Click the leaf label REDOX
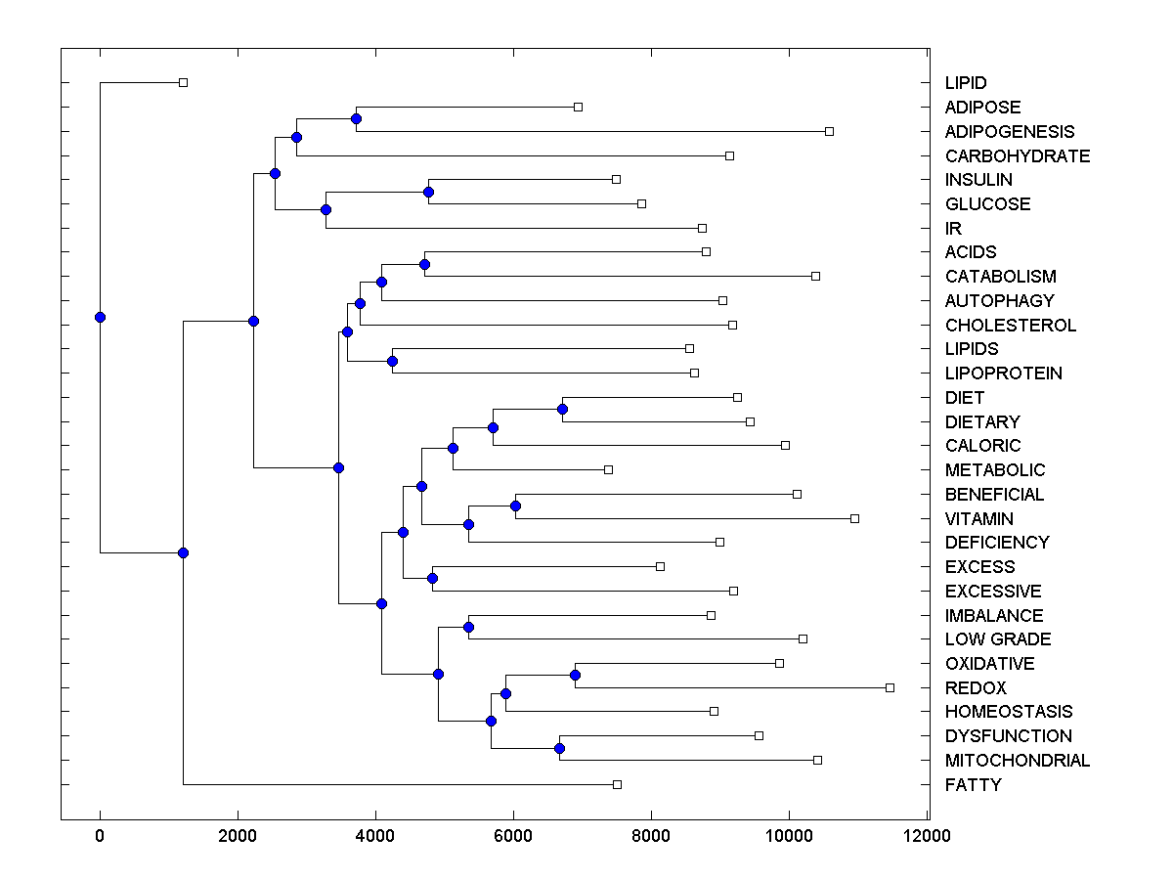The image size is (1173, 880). (975, 688)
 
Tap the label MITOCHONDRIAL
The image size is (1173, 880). (1017, 761)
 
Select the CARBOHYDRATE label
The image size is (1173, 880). (1017, 156)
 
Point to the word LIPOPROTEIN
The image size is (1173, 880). (1003, 374)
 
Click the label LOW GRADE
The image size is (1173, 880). (997, 639)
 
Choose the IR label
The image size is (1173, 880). (953, 229)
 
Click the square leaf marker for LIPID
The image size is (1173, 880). (183, 83)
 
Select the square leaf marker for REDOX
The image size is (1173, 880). (890, 687)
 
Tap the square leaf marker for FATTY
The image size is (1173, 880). (617, 784)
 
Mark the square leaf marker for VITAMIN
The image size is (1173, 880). (854, 518)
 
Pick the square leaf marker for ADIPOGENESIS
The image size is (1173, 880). (829, 131)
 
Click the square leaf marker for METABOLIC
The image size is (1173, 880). (608, 470)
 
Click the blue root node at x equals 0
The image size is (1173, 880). (100, 317)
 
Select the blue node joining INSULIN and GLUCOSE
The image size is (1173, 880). (428, 192)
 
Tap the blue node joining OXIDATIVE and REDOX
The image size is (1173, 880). (575, 676)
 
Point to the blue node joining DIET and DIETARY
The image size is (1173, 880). (562, 410)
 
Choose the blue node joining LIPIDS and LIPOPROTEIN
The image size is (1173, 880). (392, 362)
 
